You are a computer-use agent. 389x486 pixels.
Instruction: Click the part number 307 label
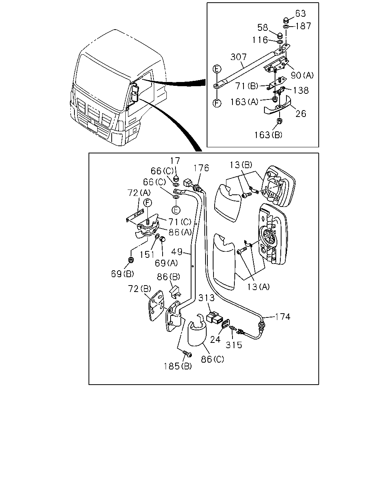[239, 57]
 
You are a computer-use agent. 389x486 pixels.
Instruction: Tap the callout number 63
[300, 14]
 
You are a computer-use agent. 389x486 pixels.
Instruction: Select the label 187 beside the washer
[303, 26]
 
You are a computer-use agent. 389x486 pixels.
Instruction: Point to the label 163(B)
[268, 135]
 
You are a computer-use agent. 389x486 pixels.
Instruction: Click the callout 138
[301, 91]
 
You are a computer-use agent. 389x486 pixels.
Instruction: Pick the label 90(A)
[302, 75]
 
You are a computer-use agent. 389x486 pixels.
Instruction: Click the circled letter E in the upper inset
[217, 69]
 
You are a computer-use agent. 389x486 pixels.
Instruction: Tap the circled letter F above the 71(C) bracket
[148, 203]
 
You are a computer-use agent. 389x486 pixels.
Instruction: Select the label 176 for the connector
[201, 168]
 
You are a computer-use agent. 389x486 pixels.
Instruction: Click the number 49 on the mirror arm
[177, 252]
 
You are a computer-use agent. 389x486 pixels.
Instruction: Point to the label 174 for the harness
[283, 317]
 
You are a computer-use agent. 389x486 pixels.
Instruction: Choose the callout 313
[206, 298]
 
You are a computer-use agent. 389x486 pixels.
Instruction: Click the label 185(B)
[178, 366]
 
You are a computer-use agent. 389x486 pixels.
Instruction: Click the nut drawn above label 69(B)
[130, 260]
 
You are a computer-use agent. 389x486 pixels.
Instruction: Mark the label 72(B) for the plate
[139, 289]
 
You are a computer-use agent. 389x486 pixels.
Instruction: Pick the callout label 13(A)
[258, 287]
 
